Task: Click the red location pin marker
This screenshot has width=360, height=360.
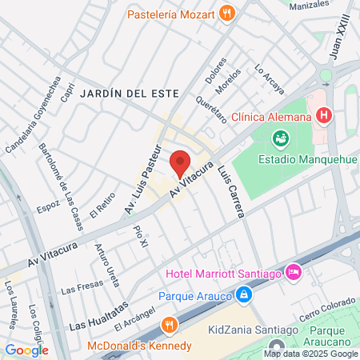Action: (x=180, y=163)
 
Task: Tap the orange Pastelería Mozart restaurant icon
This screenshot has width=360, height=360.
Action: (x=228, y=13)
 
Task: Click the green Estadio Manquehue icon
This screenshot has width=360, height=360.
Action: (x=281, y=139)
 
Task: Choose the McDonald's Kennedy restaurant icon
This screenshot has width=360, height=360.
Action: (x=168, y=325)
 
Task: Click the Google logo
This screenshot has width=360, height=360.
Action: (x=27, y=350)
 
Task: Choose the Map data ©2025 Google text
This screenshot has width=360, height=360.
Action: (x=311, y=354)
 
